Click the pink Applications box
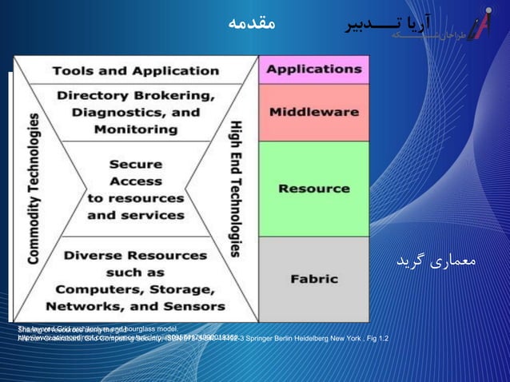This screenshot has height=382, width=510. (x=313, y=70)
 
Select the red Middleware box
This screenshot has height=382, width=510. (x=313, y=112)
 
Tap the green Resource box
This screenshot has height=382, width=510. (x=313, y=189)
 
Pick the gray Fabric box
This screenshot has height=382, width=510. (x=313, y=279)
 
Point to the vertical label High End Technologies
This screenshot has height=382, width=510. (x=237, y=189)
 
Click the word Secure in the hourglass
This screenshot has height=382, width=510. (x=135, y=165)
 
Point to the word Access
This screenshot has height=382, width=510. (x=135, y=181)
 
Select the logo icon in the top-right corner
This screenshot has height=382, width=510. (x=480, y=26)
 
